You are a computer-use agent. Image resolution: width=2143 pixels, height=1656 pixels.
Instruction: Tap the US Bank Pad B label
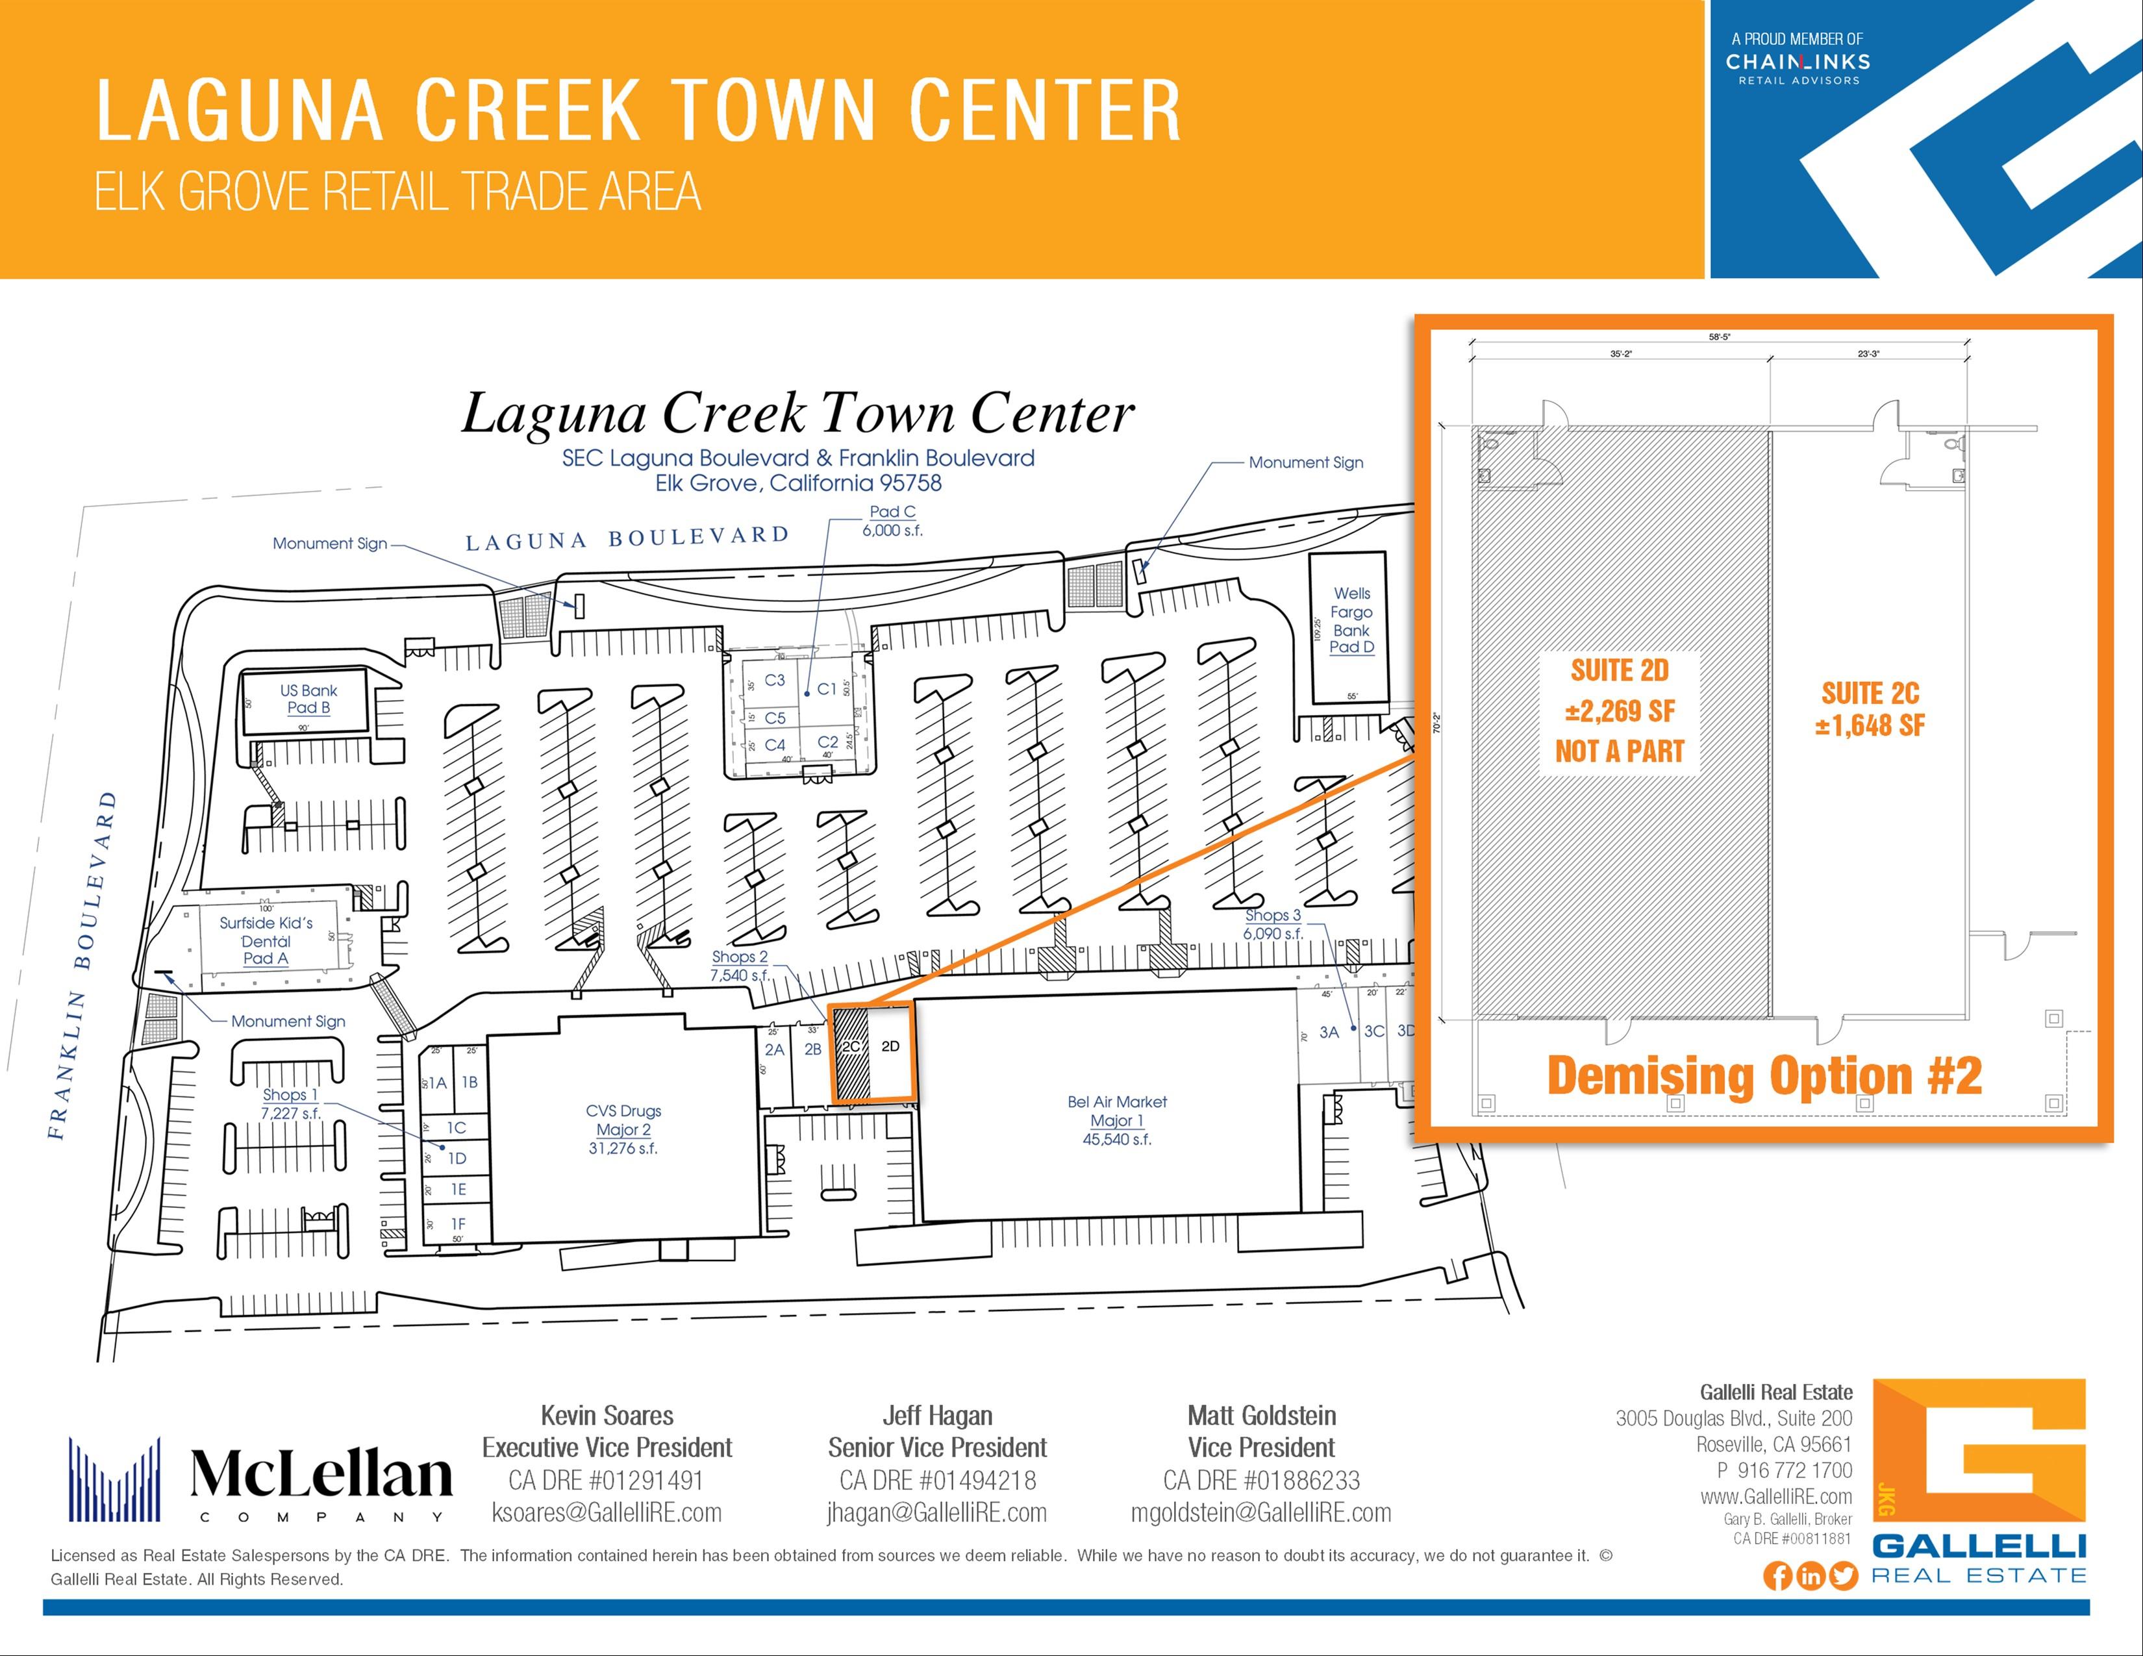308,699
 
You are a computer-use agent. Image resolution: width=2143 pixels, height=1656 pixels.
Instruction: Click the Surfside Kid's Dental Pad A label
266,940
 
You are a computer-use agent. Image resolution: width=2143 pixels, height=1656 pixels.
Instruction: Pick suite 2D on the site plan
890,1047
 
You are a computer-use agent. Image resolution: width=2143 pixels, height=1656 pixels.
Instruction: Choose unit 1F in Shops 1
457,1223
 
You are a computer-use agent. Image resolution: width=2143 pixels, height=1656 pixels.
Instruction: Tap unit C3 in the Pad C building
774,680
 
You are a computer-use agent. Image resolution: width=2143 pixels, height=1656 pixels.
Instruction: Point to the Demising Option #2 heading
1763,1076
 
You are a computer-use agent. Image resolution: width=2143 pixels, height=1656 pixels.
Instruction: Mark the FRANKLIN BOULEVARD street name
82,966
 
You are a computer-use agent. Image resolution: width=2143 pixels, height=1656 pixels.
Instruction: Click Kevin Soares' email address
607,1512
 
